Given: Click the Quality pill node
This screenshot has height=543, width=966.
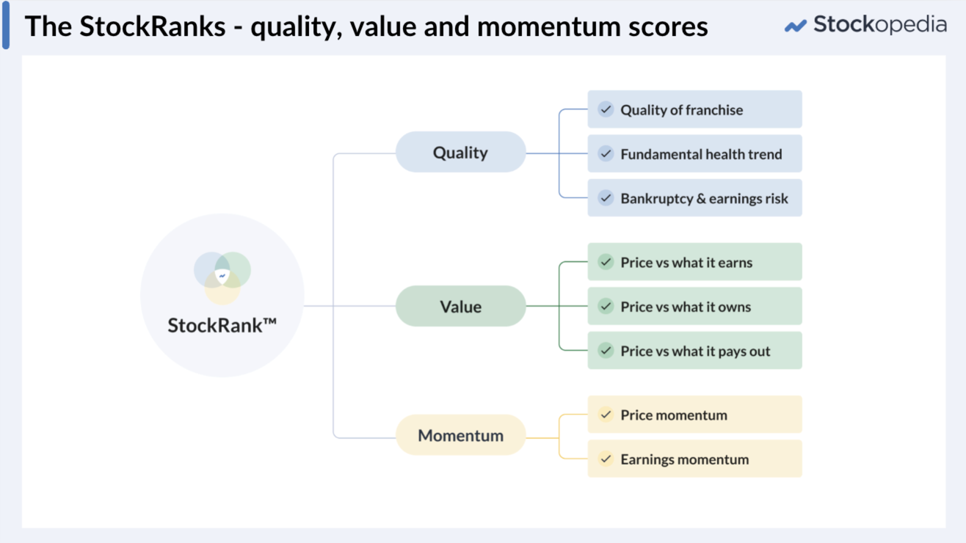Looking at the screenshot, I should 460,153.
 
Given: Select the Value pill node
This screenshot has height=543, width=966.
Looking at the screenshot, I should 460,307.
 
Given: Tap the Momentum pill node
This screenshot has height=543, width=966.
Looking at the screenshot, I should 460,435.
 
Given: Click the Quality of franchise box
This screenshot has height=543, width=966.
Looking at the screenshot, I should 694,110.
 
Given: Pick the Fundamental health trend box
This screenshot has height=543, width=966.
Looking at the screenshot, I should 694,154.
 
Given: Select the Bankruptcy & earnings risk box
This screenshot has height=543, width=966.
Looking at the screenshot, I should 694,198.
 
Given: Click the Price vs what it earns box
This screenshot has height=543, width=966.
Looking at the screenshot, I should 694,263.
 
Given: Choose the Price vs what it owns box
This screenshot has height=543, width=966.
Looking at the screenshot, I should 694,307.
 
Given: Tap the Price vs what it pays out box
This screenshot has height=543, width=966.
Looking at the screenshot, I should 694,351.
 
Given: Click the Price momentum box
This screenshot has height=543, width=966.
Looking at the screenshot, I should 694,415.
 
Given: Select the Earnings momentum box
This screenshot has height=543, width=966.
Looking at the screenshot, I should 694,459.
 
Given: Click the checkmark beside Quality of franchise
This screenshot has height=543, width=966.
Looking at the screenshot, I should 606,109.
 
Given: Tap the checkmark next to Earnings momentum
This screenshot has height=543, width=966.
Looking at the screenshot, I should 606,459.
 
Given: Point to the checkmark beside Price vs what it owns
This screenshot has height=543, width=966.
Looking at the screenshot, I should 606,306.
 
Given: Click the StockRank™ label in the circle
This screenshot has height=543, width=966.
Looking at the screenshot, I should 222,325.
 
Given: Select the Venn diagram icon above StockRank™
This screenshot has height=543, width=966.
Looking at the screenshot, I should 222,278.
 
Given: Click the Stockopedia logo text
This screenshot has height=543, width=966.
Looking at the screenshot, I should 879,25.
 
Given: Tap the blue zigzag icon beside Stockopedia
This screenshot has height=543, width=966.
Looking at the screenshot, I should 795,26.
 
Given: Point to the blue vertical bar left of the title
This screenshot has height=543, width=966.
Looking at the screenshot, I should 7,25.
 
